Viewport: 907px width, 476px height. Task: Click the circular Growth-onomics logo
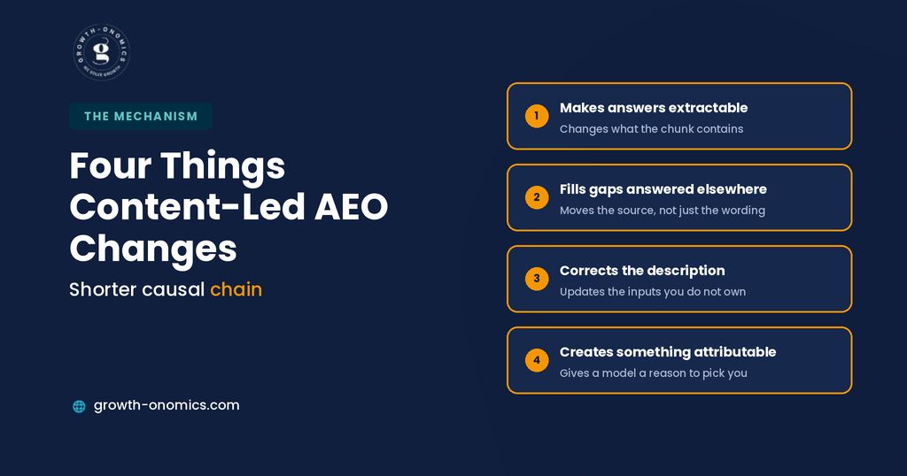click(102, 52)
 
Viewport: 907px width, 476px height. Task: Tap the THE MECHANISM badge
click(141, 116)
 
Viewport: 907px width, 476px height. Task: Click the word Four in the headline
click(110, 165)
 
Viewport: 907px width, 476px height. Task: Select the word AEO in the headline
click(351, 207)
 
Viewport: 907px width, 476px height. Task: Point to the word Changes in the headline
click(153, 249)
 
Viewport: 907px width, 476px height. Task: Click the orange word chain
click(236, 289)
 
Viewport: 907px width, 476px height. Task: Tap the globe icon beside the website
click(79, 406)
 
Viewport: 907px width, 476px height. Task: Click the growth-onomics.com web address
click(167, 405)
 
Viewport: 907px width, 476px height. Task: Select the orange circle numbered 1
click(537, 116)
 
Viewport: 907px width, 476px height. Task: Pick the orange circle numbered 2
click(537, 197)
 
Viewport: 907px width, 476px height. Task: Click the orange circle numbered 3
click(537, 279)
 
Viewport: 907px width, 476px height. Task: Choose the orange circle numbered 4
click(537, 360)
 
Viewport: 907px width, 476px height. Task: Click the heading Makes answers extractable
click(654, 108)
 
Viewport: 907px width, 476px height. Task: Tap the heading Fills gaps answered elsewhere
click(663, 189)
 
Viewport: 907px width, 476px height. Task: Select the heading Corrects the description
click(642, 271)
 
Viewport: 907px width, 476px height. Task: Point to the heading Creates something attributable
click(668, 352)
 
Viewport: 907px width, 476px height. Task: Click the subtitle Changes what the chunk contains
click(651, 129)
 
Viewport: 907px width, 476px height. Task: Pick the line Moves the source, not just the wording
click(663, 211)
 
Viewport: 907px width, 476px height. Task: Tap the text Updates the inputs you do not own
click(653, 292)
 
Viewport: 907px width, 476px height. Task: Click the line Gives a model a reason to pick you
click(654, 373)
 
